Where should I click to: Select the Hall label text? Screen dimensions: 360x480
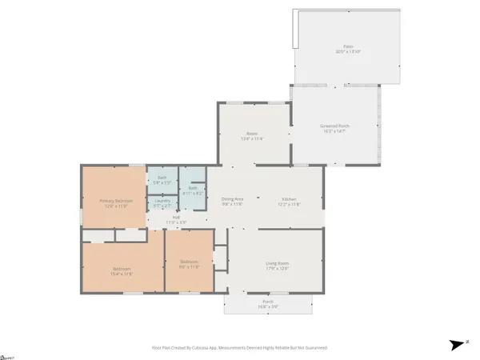coord(175,217)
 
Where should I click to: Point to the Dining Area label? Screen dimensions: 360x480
coord(233,198)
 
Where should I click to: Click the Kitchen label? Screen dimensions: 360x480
coord(289,198)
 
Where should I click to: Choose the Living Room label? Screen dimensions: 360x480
coord(277,263)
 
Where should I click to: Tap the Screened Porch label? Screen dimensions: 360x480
coord(334,126)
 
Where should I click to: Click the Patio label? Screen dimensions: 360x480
coord(348,46)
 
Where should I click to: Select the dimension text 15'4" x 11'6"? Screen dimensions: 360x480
coord(122,274)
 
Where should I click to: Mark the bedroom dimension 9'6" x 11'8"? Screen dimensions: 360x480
coord(190,267)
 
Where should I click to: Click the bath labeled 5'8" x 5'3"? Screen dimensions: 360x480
coord(162,182)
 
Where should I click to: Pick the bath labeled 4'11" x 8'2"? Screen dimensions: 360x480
coord(193,193)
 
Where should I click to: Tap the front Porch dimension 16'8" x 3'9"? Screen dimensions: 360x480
coord(268,306)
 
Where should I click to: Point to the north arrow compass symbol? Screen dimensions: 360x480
coord(457,345)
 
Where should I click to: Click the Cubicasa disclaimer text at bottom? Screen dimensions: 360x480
coord(239,349)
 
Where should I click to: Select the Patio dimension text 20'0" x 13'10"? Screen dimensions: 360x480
coord(348,51)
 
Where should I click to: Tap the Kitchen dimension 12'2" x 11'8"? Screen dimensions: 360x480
coord(289,204)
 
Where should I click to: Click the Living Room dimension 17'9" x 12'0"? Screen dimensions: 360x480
coord(277,268)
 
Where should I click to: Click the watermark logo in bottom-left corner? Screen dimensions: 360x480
coord(10,355)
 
